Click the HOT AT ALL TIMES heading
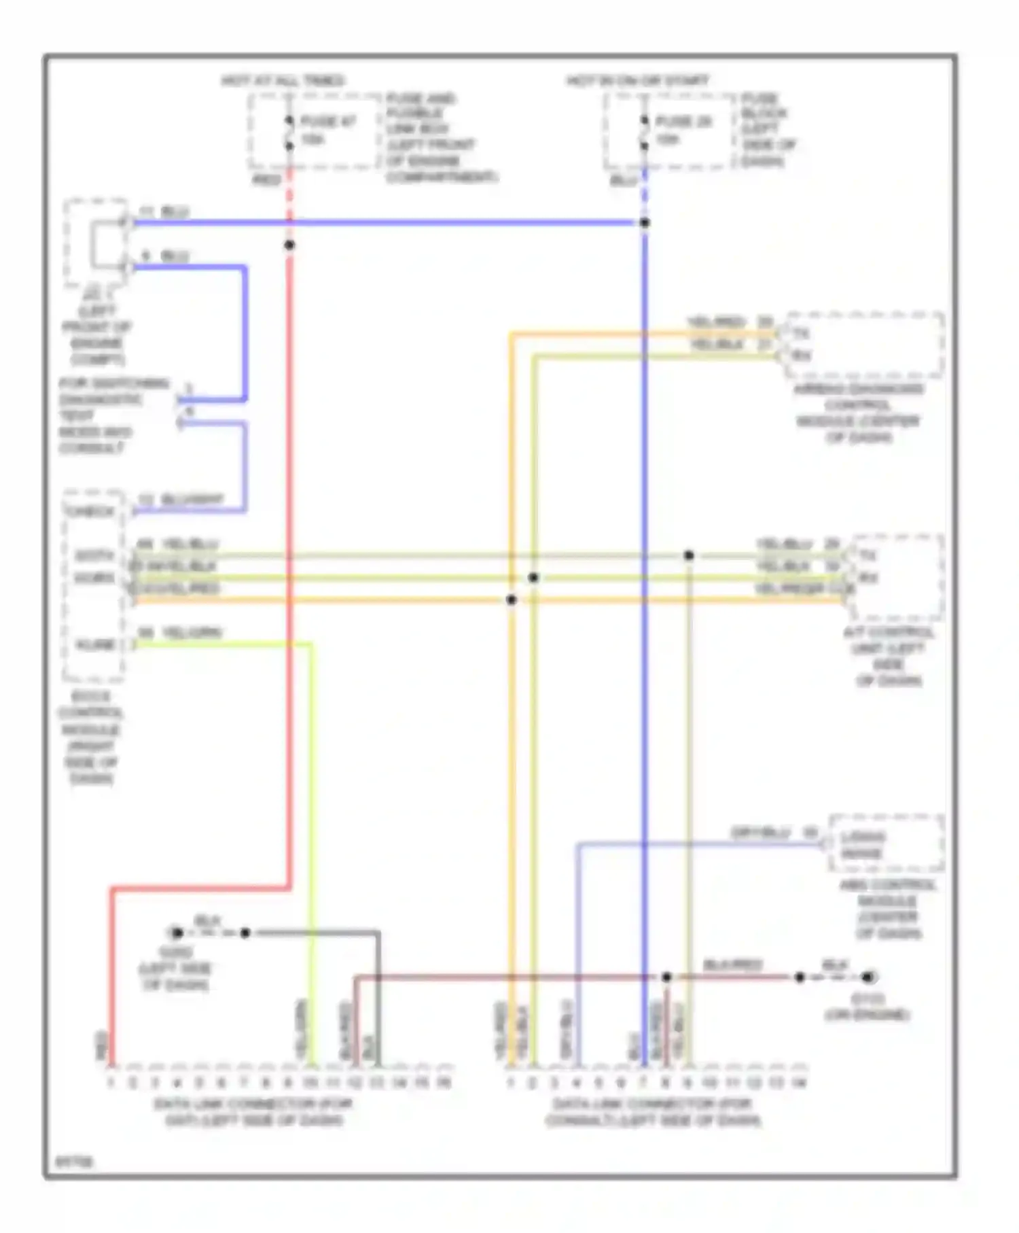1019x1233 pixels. (283, 81)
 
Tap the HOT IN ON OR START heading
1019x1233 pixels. (638, 81)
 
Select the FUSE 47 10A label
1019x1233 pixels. (328, 131)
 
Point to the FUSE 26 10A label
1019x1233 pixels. (683, 131)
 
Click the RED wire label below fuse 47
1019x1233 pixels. (266, 180)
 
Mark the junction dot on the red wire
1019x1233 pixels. (289, 245)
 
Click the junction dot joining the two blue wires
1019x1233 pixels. (645, 223)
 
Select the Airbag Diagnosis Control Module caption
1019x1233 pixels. (858, 413)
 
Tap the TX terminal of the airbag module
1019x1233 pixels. (802, 334)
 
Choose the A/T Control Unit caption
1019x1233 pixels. (889, 656)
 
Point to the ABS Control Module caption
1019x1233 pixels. (888, 909)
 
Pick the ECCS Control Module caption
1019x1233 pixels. (91, 737)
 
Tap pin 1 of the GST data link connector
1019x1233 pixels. (111, 1082)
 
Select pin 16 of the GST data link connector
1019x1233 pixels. (444, 1082)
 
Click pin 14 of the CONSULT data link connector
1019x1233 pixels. (799, 1082)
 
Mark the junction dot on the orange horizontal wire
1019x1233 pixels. (512, 600)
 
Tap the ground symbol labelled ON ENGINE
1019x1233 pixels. (868, 977)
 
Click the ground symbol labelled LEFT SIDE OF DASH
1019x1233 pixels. (177, 933)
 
